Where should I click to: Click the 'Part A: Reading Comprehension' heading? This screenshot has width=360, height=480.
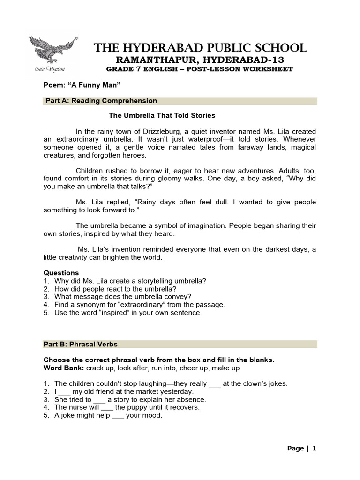(x=101, y=101)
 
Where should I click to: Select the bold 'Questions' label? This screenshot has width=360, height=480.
(x=61, y=273)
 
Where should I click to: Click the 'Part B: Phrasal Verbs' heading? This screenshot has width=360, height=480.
(x=81, y=344)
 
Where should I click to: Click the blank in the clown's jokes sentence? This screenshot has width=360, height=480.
(x=214, y=384)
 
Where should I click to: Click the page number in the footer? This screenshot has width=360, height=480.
(x=315, y=449)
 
